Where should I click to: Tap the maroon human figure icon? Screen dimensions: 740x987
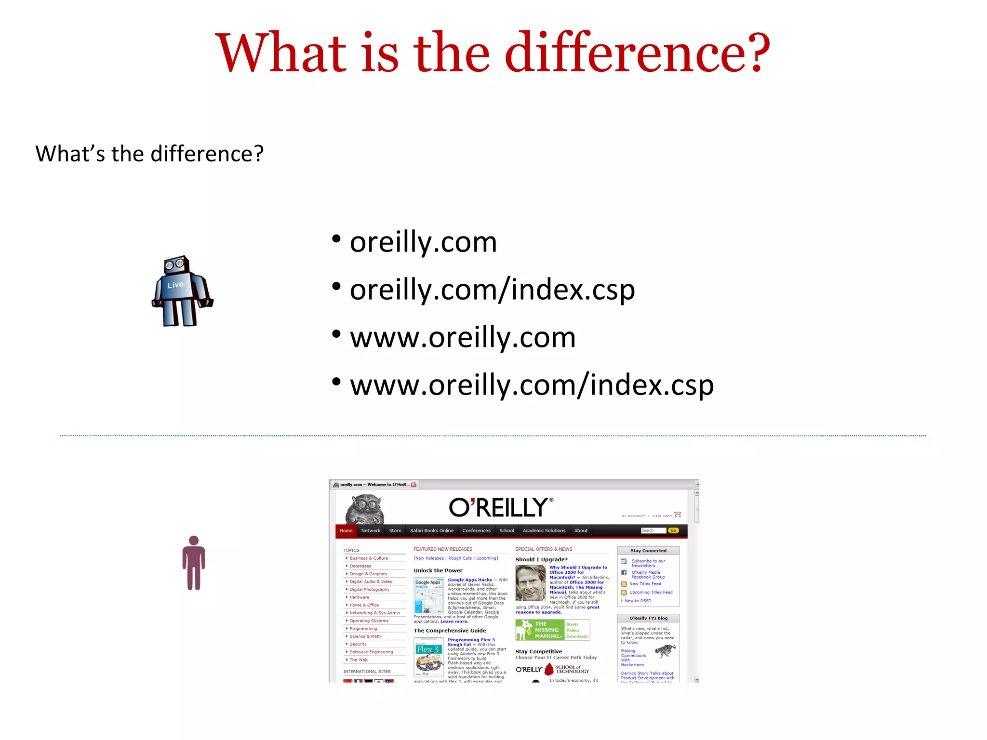click(x=194, y=563)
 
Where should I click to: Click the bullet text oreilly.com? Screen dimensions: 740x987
click(x=423, y=242)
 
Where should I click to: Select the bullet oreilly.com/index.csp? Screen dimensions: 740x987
click(x=492, y=290)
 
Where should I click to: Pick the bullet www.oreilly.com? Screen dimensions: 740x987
click(x=462, y=337)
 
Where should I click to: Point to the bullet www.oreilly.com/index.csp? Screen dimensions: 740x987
click(x=531, y=385)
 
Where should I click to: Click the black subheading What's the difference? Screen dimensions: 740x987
click(x=149, y=154)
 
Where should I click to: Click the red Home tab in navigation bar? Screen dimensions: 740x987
click(x=346, y=530)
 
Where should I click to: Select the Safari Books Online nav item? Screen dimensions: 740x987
click(x=431, y=530)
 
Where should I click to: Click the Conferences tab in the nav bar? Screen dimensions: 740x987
click(x=476, y=530)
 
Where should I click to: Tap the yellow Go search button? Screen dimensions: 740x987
click(x=673, y=530)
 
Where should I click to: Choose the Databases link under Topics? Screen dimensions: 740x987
click(x=360, y=566)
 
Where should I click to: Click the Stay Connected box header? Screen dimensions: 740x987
click(x=648, y=551)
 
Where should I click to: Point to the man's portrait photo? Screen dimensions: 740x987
click(x=530, y=583)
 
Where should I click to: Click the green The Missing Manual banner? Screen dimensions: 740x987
click(x=540, y=630)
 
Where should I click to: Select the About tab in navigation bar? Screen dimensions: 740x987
click(x=581, y=530)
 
